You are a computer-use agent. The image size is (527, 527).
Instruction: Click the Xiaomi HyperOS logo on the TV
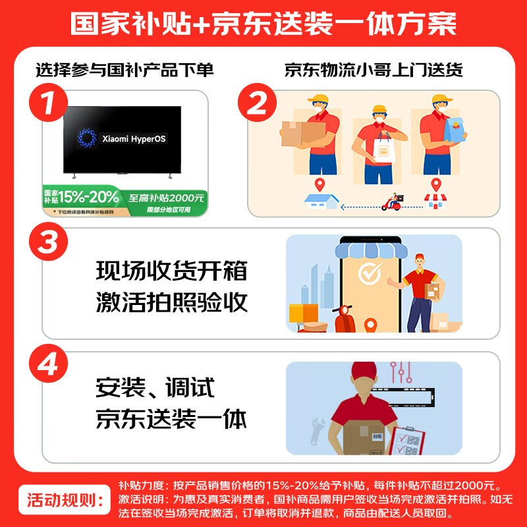click(86, 138)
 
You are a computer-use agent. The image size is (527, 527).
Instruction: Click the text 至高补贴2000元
click(166, 197)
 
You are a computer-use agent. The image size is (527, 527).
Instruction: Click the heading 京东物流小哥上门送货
click(374, 70)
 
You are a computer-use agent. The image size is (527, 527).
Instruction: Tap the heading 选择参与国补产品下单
click(125, 70)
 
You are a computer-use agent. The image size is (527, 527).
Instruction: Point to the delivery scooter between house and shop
click(391, 202)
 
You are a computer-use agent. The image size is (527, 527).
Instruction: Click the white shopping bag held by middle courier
click(382, 151)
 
